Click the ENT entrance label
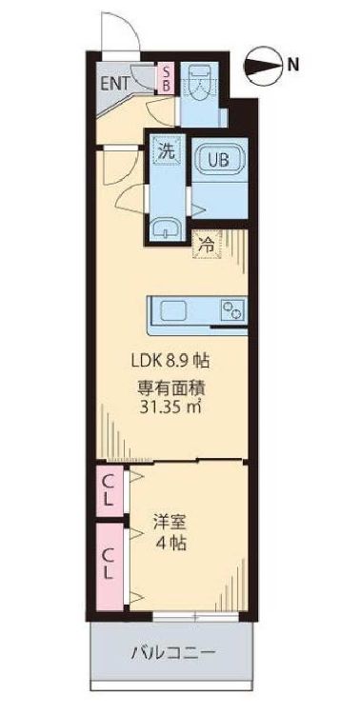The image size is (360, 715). click(114, 81)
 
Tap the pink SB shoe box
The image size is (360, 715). click(165, 77)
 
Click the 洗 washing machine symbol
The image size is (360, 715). click(166, 149)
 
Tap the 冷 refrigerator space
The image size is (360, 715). click(206, 243)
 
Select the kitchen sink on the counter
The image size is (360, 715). click(176, 310)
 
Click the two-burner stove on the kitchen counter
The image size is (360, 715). click(231, 310)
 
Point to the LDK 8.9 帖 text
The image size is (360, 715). click(171, 361)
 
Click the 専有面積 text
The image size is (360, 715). click(171, 387)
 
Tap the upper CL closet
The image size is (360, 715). click(109, 490)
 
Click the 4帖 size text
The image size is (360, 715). click(171, 546)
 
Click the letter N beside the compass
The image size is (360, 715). click(295, 66)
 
